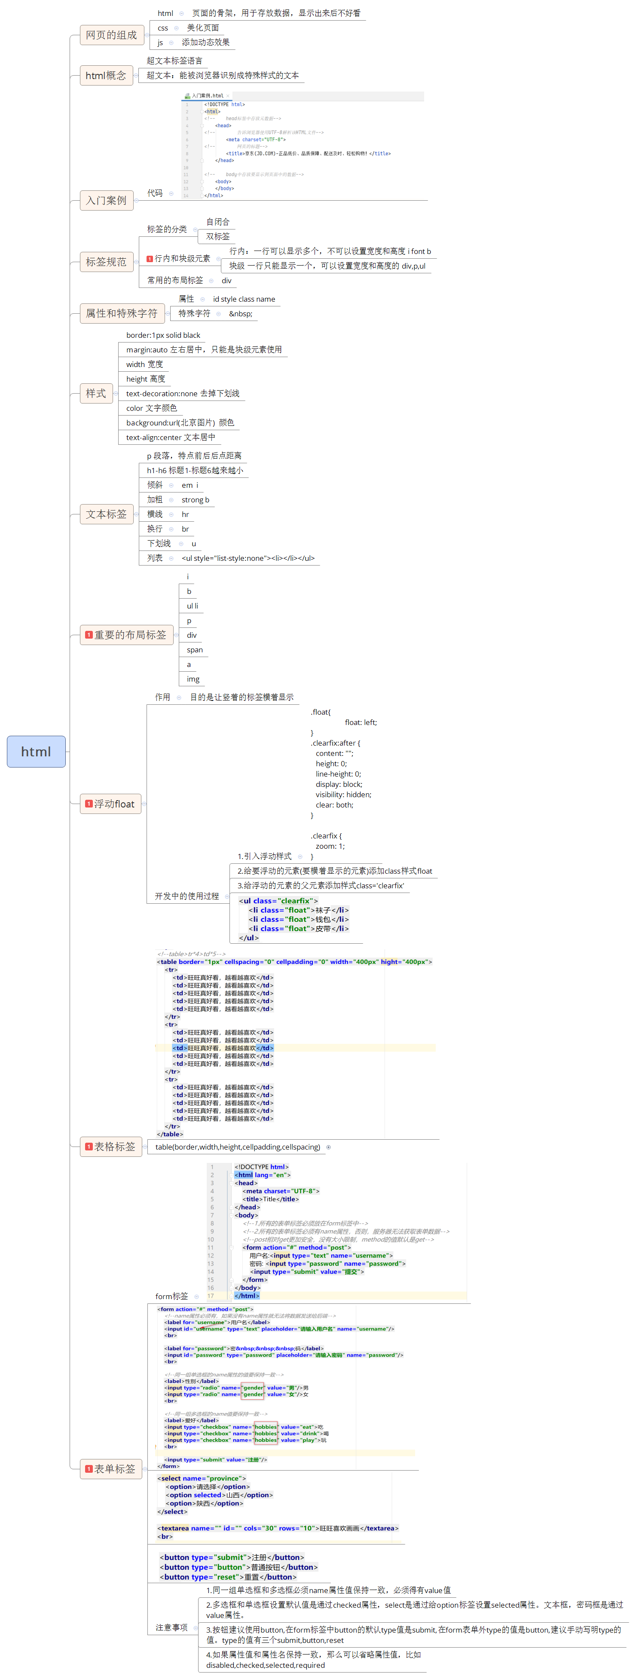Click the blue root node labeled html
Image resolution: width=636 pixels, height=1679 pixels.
tap(36, 752)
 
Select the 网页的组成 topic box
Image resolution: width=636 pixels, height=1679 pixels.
tap(111, 34)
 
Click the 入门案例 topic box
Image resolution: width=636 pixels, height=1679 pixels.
tap(106, 200)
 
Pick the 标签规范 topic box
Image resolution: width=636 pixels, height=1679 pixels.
tap(106, 262)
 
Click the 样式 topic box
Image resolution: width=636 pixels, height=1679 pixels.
tap(96, 394)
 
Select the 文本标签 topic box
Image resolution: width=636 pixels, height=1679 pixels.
tap(106, 514)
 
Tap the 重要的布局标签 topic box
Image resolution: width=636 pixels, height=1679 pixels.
tap(126, 635)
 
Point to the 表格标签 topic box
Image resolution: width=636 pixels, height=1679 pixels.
tap(111, 1147)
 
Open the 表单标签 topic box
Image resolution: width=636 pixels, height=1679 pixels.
tap(111, 1468)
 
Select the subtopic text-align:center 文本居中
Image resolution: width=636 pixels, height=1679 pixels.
tap(170, 437)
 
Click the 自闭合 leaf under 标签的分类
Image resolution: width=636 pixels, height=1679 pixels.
tap(217, 222)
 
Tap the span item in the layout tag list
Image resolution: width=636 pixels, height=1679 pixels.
tap(194, 650)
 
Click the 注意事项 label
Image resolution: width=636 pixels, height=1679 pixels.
tap(171, 1627)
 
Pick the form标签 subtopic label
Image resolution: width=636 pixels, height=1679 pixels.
tap(171, 1297)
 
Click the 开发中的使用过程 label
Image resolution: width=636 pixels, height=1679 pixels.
tap(187, 896)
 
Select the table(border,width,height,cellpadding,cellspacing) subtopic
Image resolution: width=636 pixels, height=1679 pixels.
tap(237, 1147)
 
